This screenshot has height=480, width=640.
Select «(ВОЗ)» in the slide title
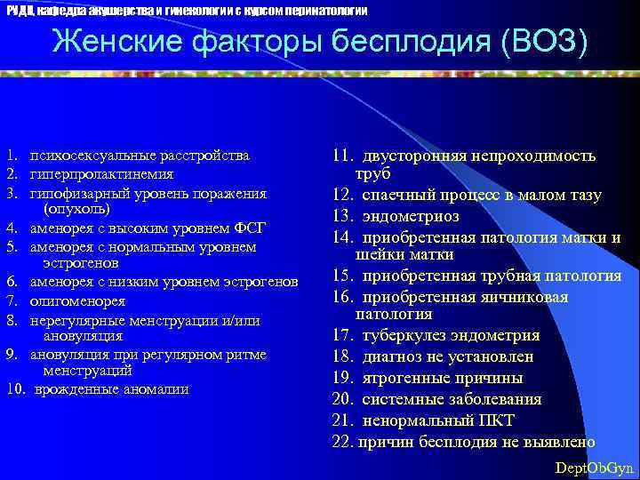click(542, 42)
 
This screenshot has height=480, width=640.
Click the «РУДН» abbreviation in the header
click(20, 10)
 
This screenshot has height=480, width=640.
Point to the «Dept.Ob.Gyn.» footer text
click(594, 468)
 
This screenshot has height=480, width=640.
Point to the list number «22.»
click(343, 442)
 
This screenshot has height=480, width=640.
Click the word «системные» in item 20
click(399, 399)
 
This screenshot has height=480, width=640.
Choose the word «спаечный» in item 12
click(396, 195)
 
